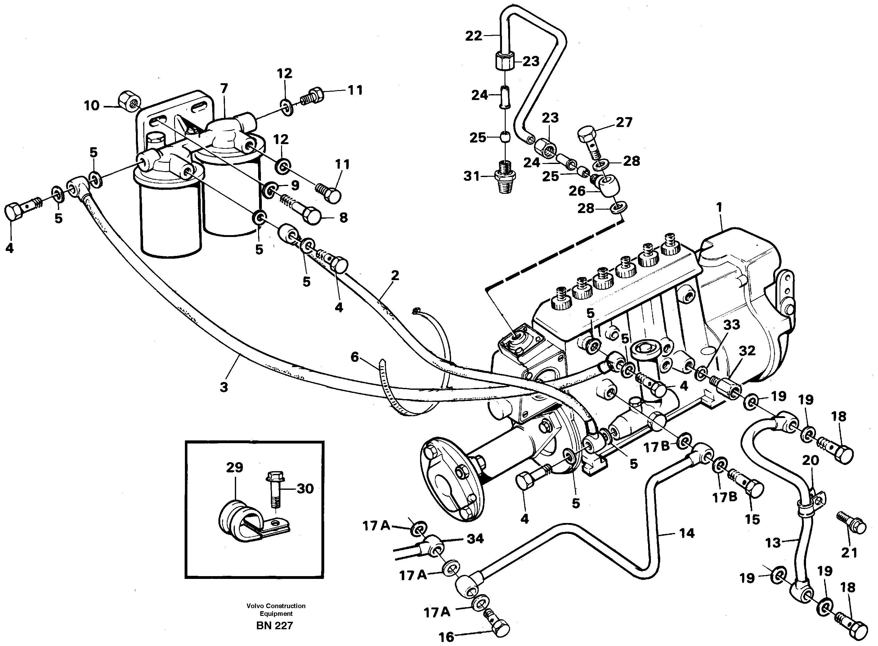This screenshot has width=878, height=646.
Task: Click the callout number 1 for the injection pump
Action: point(719,207)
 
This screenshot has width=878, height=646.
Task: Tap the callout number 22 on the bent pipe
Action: point(474,36)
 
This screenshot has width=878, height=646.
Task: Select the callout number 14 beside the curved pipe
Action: point(687,533)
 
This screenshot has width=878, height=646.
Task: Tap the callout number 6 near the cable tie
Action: point(354,357)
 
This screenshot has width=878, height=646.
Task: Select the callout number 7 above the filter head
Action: point(224,89)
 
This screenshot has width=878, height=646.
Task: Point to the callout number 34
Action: point(475,539)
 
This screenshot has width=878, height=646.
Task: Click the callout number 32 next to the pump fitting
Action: point(747,351)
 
